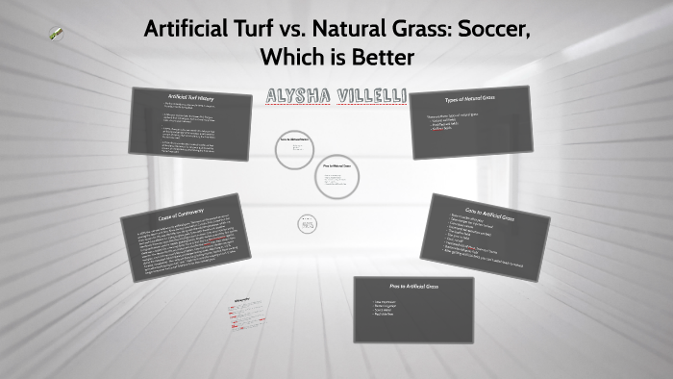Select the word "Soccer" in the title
coord(487,29)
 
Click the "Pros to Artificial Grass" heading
coord(413,288)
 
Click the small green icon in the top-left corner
coord(57,34)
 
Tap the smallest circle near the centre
coord(307,223)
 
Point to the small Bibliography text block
coord(248,312)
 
